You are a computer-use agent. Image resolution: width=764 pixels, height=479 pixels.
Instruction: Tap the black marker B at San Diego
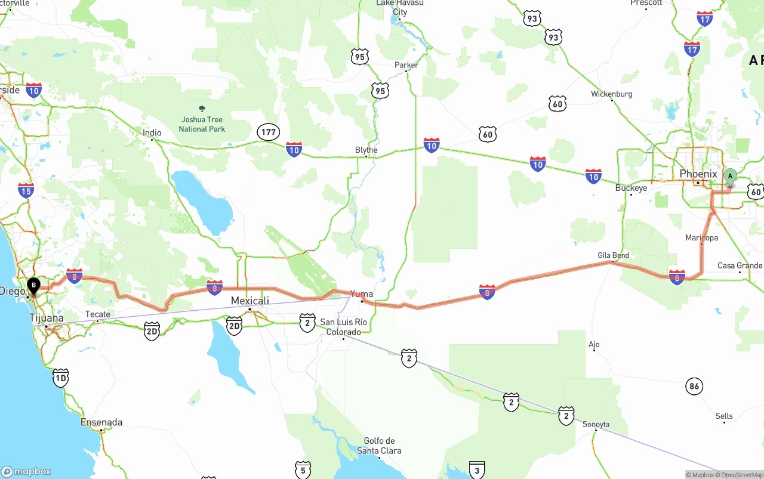(33, 286)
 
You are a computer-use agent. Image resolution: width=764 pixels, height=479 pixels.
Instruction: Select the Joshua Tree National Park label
(202, 124)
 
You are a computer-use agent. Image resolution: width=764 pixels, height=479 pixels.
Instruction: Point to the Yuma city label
(362, 294)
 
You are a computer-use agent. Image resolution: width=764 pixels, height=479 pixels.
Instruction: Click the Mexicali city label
(249, 301)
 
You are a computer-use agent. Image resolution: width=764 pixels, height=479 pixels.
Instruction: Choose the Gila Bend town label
(613, 255)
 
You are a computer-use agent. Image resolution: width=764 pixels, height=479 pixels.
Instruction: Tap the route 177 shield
(267, 132)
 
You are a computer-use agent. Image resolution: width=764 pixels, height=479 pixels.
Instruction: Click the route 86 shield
(694, 386)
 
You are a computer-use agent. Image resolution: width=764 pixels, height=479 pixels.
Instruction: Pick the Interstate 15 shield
(26, 190)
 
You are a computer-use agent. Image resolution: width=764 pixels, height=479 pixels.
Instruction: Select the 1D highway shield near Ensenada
(60, 378)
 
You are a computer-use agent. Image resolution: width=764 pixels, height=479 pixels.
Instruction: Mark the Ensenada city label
(101, 422)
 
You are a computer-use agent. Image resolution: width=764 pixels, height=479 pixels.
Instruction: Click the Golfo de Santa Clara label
(379, 446)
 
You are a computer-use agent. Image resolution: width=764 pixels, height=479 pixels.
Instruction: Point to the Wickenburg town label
(611, 94)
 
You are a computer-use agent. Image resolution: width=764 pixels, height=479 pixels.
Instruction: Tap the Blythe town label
(366, 150)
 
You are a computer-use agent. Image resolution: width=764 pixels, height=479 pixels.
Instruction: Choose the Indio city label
(152, 132)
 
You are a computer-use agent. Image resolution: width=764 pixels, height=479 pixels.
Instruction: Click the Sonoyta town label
(596, 425)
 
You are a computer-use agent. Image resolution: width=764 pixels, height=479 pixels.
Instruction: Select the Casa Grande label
(740, 265)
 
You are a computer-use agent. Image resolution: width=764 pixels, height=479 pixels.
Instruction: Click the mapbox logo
(26, 471)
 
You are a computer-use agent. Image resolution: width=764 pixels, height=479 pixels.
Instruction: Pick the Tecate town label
(98, 314)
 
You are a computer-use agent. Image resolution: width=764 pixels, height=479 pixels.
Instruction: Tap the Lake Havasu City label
(400, 7)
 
